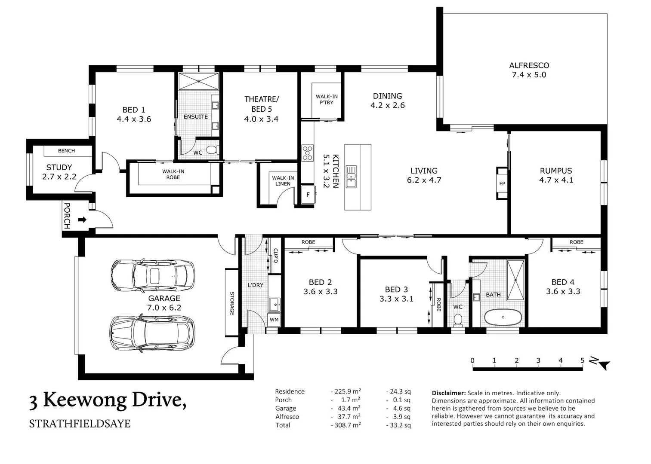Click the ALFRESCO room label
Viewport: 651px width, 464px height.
(529, 65)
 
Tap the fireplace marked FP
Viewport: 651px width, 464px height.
(502, 183)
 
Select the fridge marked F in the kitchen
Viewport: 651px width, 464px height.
(308, 195)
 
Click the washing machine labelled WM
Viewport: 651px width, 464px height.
(274, 320)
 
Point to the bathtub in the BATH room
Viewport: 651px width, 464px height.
(503, 317)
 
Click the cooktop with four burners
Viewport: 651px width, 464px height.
(308, 153)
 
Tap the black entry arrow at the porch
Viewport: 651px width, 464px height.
(82, 220)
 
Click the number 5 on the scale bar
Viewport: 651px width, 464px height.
(583, 360)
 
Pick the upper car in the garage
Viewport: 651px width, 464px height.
(153, 275)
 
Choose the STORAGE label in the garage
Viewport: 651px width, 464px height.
(232, 303)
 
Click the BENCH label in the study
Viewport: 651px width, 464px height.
(66, 151)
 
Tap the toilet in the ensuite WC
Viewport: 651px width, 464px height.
(212, 150)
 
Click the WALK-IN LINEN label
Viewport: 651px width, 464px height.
(283, 180)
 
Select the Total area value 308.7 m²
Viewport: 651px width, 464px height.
(348, 425)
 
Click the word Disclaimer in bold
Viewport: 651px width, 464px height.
(449, 393)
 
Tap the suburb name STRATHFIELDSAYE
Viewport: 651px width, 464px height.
(80, 424)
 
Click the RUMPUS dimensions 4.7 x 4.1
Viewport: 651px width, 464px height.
(556, 180)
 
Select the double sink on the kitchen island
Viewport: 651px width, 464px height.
(351, 177)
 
